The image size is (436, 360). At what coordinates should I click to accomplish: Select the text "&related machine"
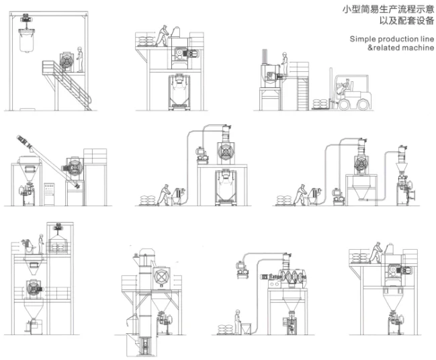click(392, 49)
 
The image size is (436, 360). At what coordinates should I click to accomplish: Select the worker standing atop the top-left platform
click(80, 59)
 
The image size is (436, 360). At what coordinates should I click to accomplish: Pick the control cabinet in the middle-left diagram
click(49, 192)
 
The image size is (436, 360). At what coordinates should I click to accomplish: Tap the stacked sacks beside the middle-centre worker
click(148, 199)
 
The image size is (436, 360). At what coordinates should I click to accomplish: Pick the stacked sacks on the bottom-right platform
click(361, 257)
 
